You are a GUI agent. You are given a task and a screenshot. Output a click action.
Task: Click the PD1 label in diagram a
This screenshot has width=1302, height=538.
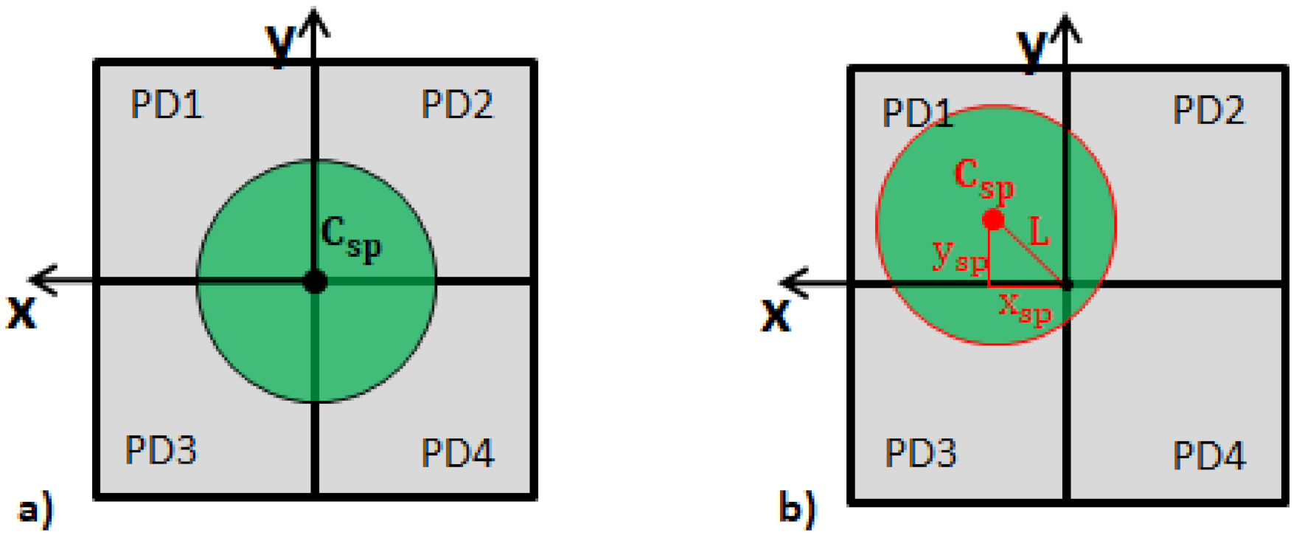(x=167, y=104)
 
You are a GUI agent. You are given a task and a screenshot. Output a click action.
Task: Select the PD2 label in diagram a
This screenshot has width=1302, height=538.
(x=457, y=104)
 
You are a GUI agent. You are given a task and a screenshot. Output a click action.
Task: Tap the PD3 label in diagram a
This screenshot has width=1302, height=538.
(x=161, y=449)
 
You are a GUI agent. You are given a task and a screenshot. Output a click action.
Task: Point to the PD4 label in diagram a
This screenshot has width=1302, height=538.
(x=457, y=452)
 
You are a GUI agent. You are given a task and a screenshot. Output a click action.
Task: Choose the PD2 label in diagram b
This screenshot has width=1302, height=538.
(x=1208, y=111)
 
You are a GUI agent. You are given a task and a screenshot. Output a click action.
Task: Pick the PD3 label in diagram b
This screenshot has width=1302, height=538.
(x=920, y=452)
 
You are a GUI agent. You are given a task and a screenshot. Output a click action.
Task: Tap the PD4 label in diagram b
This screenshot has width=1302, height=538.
(x=1209, y=455)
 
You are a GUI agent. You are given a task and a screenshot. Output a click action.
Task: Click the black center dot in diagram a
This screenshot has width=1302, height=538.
(x=315, y=281)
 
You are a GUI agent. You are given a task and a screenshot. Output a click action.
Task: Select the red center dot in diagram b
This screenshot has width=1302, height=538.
(x=993, y=220)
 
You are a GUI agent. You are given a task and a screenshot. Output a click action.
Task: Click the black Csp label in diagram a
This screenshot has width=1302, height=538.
(x=351, y=238)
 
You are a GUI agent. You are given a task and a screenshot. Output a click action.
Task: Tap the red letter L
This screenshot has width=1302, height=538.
(x=1038, y=232)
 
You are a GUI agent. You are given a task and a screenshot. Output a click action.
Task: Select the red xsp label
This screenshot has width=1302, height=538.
(x=1024, y=308)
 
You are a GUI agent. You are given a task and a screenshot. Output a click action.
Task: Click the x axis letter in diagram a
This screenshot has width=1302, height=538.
(x=21, y=311)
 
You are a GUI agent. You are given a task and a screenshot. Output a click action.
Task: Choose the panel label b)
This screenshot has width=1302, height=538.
(x=797, y=508)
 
